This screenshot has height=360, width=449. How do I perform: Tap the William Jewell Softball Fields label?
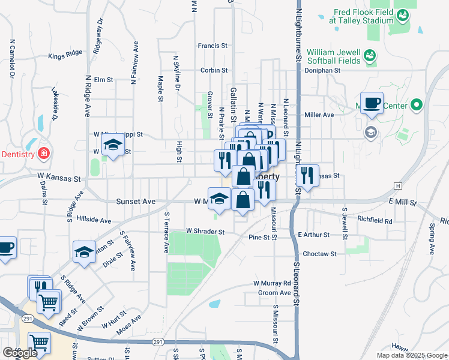334,56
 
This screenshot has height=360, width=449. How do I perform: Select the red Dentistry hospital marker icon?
43,154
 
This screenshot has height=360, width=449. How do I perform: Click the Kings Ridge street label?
65,56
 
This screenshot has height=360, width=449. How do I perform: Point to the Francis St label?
212,45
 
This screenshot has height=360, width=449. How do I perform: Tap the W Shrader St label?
205,231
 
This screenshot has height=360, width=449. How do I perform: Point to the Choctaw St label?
319,254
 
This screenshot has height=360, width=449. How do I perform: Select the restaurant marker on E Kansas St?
307,175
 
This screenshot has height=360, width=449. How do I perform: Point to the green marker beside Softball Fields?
369,56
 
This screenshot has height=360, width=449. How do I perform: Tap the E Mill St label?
402,203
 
